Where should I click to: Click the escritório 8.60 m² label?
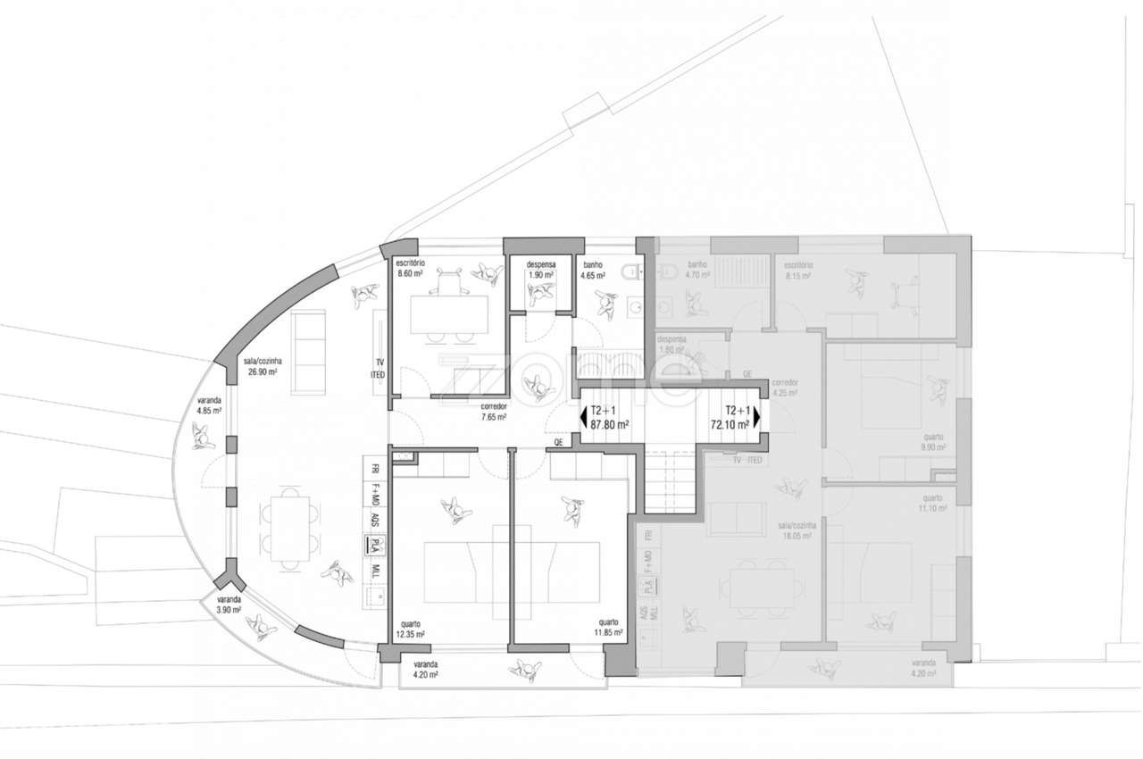click(410, 268)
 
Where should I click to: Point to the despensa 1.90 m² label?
click(541, 270)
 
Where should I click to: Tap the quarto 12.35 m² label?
click(410, 629)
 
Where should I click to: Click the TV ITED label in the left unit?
click(378, 369)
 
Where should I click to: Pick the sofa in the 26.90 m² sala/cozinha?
click(309, 354)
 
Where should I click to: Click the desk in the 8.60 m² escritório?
click(449, 314)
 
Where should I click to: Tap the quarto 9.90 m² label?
click(933, 442)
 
